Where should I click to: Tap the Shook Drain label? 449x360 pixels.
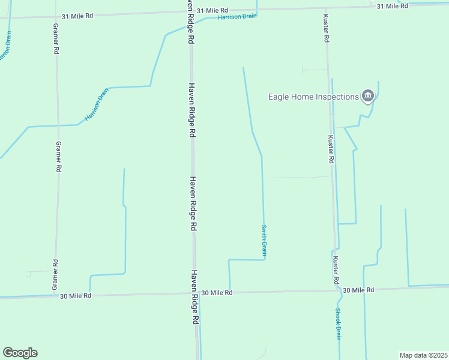coord(338,324)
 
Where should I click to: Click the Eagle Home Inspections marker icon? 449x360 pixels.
coord(367,95)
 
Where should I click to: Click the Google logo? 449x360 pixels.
coord(20,353)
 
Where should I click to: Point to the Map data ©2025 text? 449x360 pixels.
coord(423,355)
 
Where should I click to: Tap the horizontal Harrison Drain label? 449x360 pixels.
coord(237,17)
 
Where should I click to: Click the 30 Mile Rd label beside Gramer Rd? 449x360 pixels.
coord(76,295)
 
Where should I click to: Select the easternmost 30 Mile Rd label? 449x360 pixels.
coord(358,290)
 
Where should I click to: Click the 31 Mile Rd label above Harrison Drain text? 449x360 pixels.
coord(212,10)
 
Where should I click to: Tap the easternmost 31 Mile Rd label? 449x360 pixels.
coord(392,6)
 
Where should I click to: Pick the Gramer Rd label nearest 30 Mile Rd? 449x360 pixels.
coord(55,275)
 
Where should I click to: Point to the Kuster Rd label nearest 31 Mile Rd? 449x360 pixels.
coord(326,28)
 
